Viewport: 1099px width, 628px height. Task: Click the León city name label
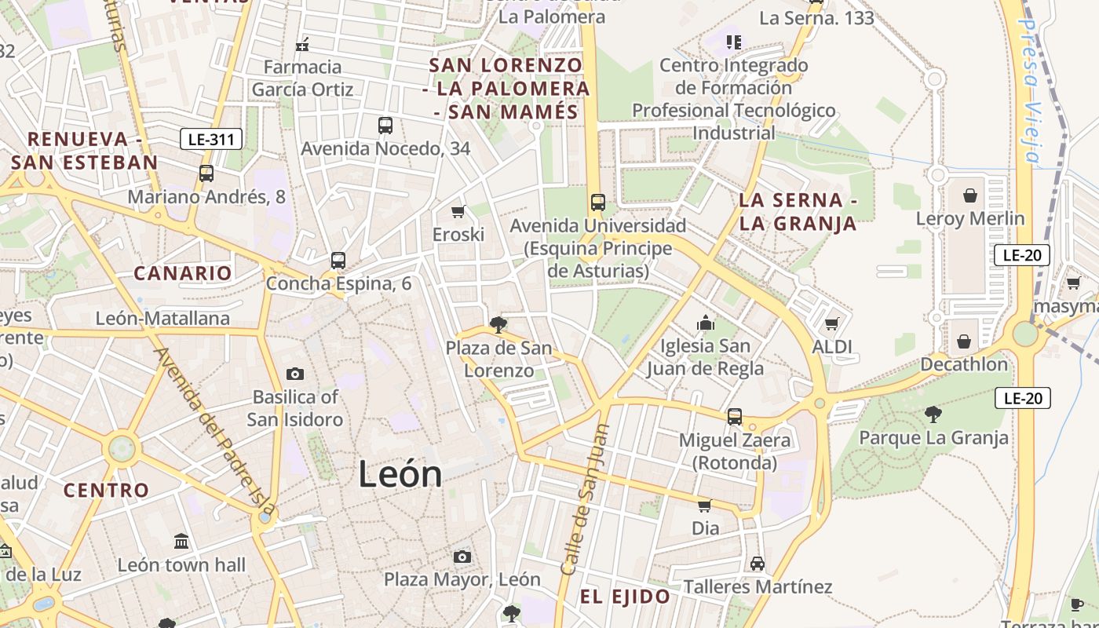[x=400, y=474]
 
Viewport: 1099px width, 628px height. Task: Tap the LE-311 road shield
[x=211, y=141]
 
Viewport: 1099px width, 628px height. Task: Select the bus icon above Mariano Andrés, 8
[x=206, y=173]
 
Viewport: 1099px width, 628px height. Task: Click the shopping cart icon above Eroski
[x=458, y=211]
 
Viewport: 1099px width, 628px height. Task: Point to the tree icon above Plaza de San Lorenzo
[x=498, y=323]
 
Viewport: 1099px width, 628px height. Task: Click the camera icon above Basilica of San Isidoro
[x=295, y=374]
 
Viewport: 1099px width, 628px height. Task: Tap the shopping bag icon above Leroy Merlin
[x=970, y=195]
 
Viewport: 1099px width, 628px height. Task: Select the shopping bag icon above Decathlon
[x=964, y=341]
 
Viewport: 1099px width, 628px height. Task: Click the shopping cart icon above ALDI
[x=832, y=323]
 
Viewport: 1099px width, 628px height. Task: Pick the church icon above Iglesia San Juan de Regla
[x=705, y=323]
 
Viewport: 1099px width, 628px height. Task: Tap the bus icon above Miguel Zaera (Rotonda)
[x=735, y=416]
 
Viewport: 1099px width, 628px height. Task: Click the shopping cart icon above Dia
[x=705, y=505]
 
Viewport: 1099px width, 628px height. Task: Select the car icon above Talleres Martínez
[x=758, y=564]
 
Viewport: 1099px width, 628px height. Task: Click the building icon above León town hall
[x=182, y=541]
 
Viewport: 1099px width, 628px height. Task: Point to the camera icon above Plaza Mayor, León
[x=462, y=557]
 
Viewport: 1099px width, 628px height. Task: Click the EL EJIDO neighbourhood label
[x=626, y=597]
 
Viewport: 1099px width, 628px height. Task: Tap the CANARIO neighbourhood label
[x=183, y=273]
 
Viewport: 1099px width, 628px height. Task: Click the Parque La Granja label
[x=934, y=437]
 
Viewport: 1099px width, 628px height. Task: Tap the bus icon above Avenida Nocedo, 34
[x=385, y=125]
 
